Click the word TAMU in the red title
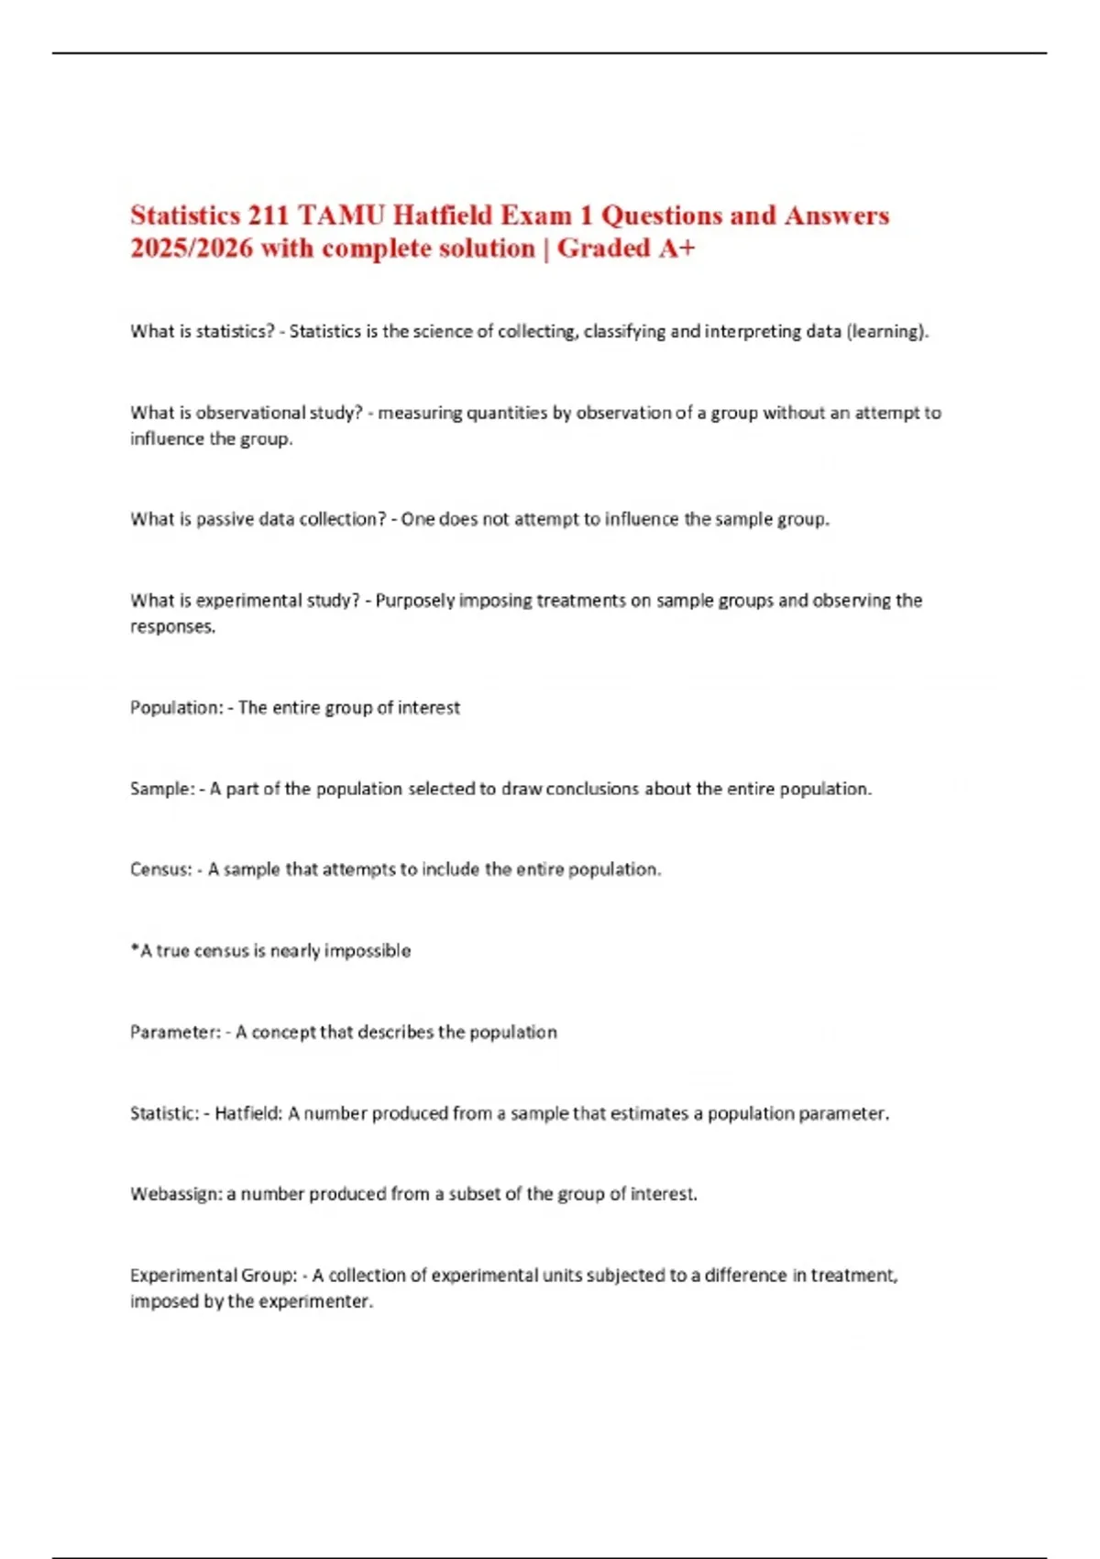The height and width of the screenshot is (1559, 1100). pos(341,216)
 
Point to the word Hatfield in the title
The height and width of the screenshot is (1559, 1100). pos(443,216)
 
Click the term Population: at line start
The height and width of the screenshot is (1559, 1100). pos(176,708)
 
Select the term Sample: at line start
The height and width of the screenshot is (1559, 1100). pos(161,789)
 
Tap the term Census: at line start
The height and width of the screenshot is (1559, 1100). pos(160,869)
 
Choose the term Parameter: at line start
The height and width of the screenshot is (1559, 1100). pos(175,1033)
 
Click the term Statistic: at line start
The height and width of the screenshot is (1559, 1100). pos(164,1113)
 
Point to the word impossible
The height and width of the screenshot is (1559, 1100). pos(368,951)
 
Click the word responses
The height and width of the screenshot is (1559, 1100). pos(172,627)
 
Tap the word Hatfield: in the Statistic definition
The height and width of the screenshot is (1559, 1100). pos(248,1113)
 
